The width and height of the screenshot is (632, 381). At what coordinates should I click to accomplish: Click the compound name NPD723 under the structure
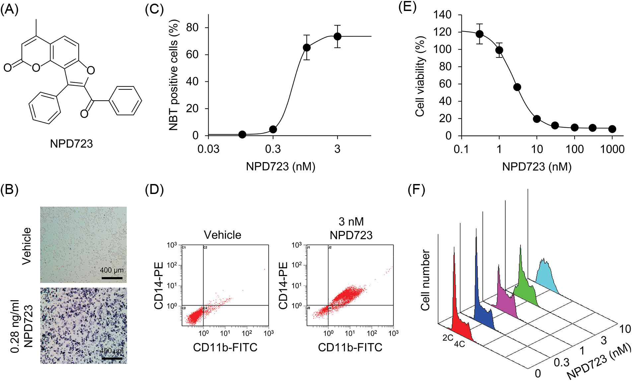[71, 144]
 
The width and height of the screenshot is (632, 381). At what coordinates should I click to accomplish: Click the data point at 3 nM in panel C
[337, 36]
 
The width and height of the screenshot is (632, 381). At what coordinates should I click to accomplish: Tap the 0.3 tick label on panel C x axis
[273, 149]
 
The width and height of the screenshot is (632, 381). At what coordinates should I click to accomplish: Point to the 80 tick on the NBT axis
[192, 28]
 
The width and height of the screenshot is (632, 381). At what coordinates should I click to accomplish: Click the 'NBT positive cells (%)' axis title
[174, 75]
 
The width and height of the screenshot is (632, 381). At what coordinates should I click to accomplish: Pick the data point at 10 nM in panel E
[537, 119]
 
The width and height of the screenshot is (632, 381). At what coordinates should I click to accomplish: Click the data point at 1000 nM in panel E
[612, 129]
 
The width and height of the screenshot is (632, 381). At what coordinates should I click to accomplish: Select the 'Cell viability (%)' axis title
[420, 76]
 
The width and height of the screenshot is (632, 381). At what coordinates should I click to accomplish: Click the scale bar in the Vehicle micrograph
[112, 278]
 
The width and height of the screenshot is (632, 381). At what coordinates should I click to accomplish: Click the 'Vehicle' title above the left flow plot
[222, 235]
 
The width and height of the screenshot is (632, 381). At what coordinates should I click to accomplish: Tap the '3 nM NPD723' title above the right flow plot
[351, 228]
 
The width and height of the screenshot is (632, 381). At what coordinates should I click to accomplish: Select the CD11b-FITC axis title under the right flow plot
[350, 347]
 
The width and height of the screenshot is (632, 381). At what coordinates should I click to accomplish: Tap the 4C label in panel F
[459, 344]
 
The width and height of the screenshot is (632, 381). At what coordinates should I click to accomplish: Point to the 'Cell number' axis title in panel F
[425, 280]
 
